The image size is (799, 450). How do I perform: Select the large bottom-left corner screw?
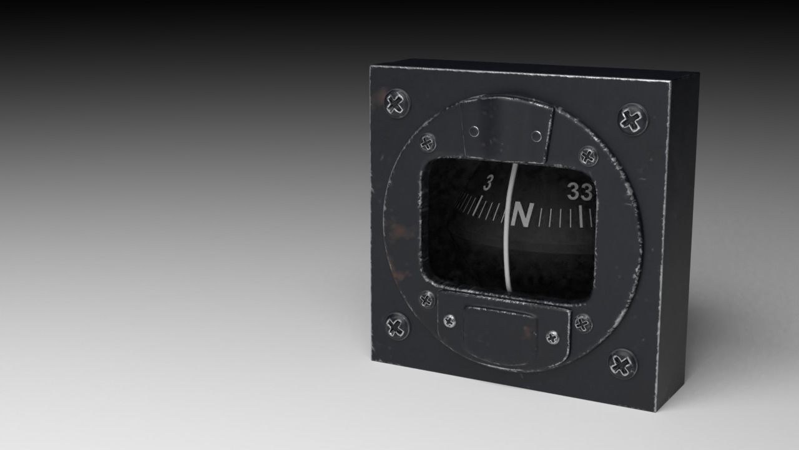(397, 326)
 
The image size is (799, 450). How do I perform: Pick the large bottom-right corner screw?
(622, 363)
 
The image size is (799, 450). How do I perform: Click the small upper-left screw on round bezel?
(427, 143)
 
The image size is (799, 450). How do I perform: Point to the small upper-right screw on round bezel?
(588, 155)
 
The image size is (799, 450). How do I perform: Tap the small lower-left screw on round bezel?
(427, 299)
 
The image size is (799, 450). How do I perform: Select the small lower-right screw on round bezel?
(582, 324)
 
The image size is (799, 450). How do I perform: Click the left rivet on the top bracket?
(474, 131)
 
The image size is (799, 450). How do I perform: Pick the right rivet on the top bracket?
(536, 136)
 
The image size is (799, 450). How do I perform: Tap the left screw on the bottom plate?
(449, 321)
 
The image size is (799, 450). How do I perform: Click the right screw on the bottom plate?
(552, 337)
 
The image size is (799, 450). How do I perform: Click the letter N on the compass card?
(522, 216)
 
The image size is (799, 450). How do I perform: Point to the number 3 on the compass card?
(489, 182)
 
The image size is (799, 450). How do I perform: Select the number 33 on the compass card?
(579, 193)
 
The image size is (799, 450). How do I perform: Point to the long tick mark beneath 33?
(581, 216)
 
